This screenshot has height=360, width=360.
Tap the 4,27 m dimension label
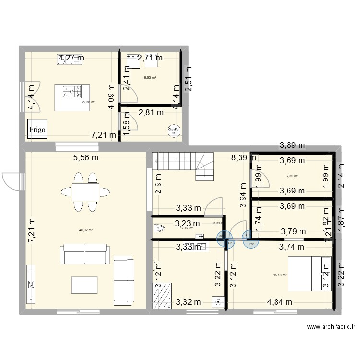[71, 58]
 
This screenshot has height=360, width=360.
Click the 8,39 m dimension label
[244, 157]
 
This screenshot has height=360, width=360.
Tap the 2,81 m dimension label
[151, 113]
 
